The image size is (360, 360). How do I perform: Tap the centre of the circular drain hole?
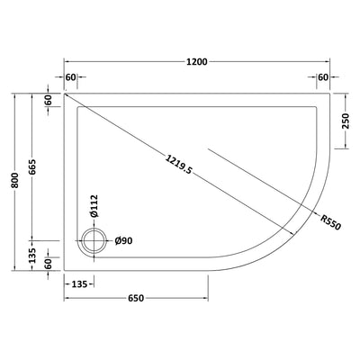tap(93, 240)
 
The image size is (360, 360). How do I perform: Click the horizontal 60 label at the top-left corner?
tap(72, 77)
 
